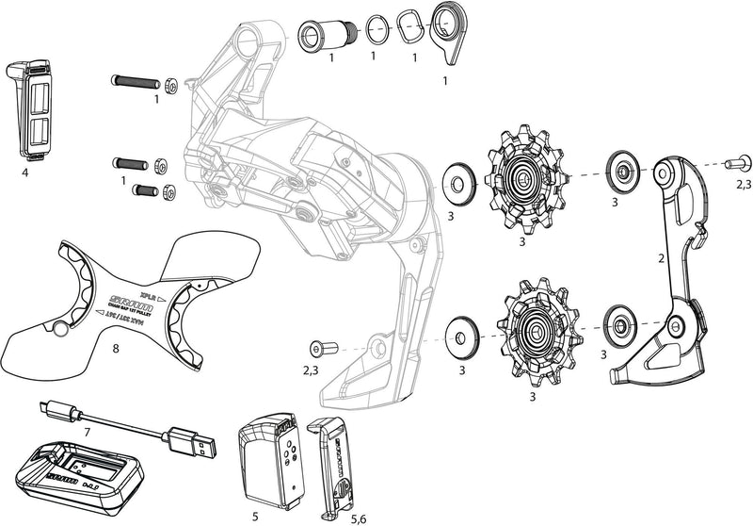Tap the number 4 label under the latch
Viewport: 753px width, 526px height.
click(25, 173)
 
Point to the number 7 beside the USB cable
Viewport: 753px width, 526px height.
click(88, 431)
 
